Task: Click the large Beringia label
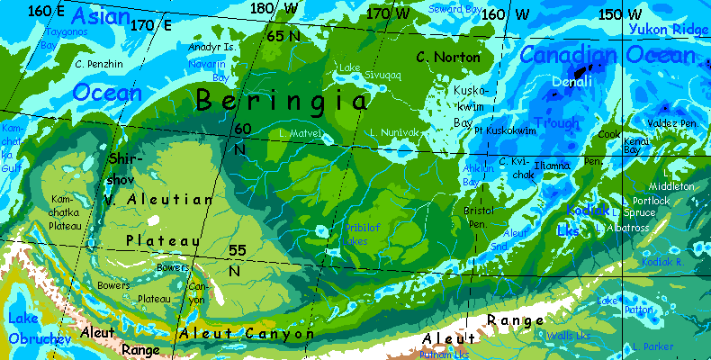(283, 100)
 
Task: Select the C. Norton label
(448, 58)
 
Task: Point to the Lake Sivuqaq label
(357, 72)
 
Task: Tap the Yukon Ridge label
(668, 30)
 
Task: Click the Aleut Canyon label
(247, 334)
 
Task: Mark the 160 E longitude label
(47, 11)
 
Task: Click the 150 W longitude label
(620, 14)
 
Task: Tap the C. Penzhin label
(99, 64)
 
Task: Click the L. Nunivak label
(393, 132)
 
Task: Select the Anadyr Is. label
(212, 46)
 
